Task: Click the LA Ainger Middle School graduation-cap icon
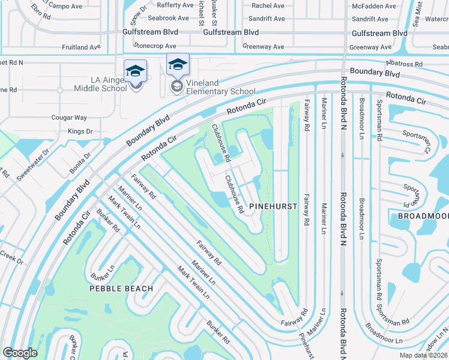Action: click(x=135, y=71)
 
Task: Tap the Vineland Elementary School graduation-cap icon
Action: click(x=178, y=64)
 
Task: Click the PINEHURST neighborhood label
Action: click(x=273, y=206)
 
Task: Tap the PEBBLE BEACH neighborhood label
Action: click(x=121, y=289)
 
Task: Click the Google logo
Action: click(x=20, y=352)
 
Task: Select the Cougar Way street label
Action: click(x=69, y=118)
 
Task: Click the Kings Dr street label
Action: click(x=80, y=131)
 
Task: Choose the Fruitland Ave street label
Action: click(x=81, y=47)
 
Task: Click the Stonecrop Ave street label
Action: click(x=155, y=46)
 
